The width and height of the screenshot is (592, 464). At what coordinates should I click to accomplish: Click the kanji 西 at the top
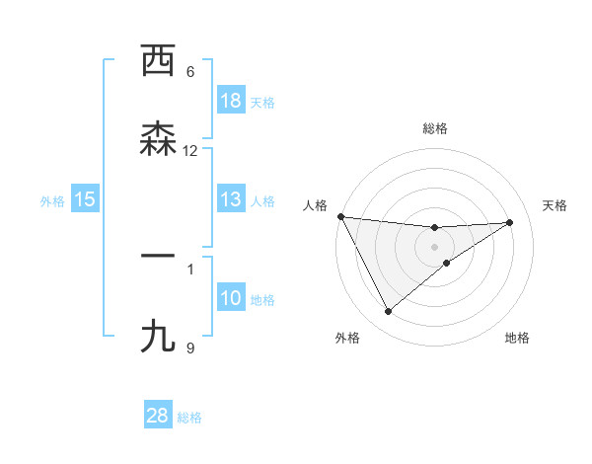[158, 61]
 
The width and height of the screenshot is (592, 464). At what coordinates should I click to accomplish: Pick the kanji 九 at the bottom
[158, 337]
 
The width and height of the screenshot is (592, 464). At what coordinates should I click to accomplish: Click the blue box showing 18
[231, 101]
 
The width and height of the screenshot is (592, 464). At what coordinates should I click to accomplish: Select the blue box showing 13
[231, 200]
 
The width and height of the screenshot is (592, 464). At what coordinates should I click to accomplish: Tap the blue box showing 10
[231, 299]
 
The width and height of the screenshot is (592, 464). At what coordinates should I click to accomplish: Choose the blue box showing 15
[85, 200]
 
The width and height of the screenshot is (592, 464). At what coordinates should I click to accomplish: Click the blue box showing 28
[158, 416]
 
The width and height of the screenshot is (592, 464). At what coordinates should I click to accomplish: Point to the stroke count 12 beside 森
[190, 150]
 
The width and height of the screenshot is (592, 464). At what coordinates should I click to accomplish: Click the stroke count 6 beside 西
[190, 71]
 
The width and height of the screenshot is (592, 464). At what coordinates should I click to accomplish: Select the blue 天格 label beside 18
[262, 102]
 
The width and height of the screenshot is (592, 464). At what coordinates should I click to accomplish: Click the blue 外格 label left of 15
[52, 201]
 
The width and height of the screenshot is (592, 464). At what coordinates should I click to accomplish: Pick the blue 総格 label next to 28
[189, 417]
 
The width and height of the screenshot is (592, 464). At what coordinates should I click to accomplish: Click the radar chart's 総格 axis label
[435, 128]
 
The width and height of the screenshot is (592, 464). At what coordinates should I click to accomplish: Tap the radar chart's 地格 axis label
[517, 338]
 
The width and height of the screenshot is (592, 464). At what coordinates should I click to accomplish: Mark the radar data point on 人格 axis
[340, 216]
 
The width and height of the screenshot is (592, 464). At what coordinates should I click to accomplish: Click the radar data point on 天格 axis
[510, 222]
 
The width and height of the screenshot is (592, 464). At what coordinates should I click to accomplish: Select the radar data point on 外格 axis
[388, 312]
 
